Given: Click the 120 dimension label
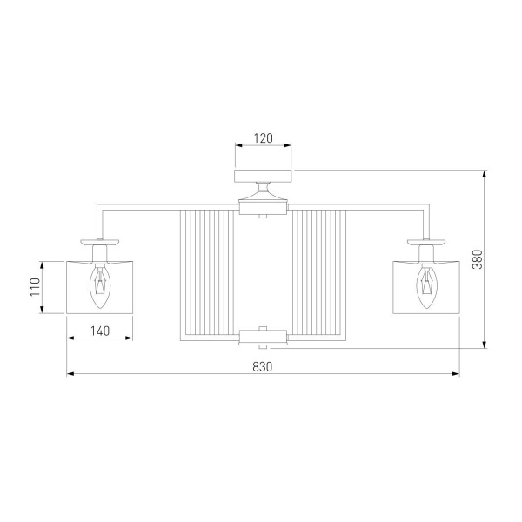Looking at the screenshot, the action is tap(264, 138).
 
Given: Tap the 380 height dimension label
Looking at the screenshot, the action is tap(478, 259).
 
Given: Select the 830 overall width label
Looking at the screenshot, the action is tap(263, 367).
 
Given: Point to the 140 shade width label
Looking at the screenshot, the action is tap(100, 331).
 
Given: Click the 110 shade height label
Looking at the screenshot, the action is tap(35, 287).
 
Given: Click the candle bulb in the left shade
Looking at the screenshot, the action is tap(99, 286).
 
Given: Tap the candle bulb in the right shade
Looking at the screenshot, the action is tap(426, 286).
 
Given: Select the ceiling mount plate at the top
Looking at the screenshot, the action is tap(263, 176).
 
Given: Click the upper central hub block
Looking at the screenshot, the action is tap(263, 208).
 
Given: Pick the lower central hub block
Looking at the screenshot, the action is tap(263, 336).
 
